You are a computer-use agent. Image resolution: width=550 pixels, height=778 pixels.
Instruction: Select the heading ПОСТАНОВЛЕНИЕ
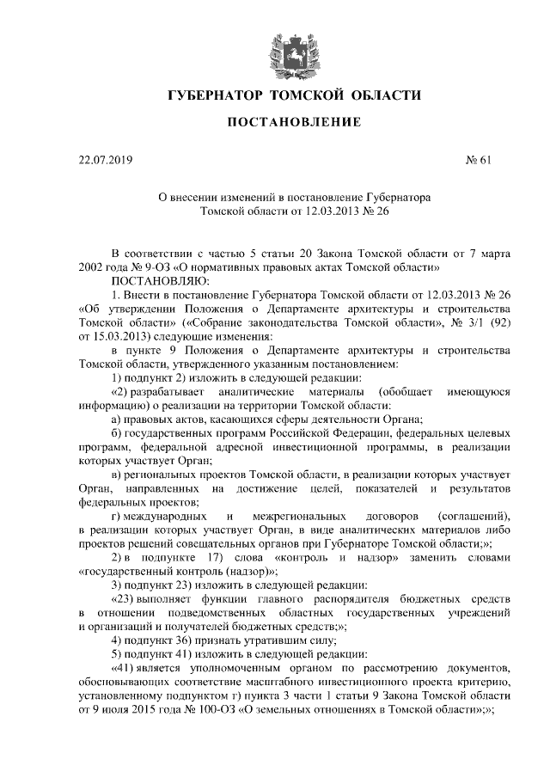coord(293,124)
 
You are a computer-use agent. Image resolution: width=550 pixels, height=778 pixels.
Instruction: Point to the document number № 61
coord(477,159)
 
